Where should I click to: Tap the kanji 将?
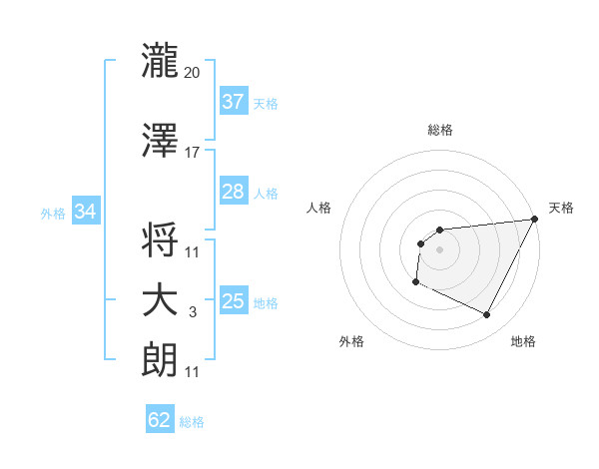(160, 239)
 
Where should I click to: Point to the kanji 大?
(160, 300)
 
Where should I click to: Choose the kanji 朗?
(160, 359)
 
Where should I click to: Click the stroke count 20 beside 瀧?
(193, 73)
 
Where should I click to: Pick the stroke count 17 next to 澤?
(193, 153)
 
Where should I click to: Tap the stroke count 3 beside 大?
(193, 313)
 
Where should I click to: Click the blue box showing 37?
(233, 102)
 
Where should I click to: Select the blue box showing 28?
(233, 192)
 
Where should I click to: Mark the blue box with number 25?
(233, 301)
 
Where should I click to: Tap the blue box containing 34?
(85, 212)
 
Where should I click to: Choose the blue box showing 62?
(160, 420)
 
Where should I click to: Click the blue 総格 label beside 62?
(192, 422)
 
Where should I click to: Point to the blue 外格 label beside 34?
(53, 213)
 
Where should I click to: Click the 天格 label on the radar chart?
(561, 208)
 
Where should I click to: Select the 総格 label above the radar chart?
(439, 130)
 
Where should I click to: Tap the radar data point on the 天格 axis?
(536, 219)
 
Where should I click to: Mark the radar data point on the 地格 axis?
(487, 315)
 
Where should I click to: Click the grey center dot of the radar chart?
(439, 249)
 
